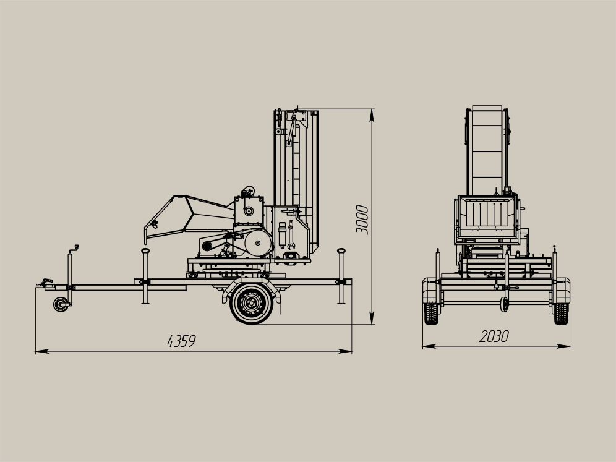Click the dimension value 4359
pos(181,341)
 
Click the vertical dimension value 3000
pos(362,220)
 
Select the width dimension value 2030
pos(494,336)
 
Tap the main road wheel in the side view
pos(252,303)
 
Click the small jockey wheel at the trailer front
pos(61,304)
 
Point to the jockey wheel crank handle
pos(74,249)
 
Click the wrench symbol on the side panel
pos(290,235)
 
